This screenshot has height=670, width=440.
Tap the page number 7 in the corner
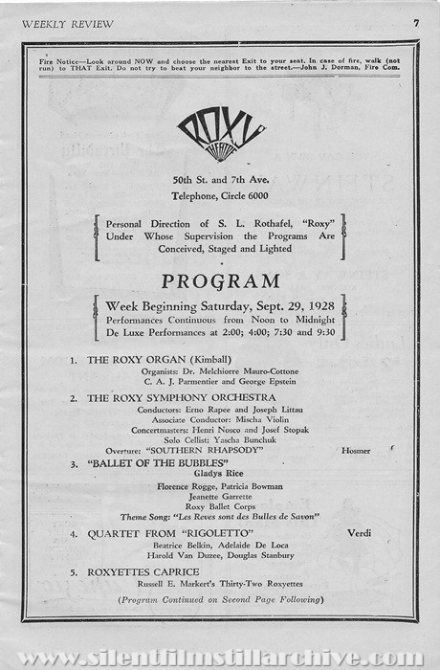(x=417, y=22)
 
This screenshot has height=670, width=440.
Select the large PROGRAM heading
(x=221, y=282)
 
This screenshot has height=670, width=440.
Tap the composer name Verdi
(x=359, y=532)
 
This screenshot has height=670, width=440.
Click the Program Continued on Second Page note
(x=220, y=599)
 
